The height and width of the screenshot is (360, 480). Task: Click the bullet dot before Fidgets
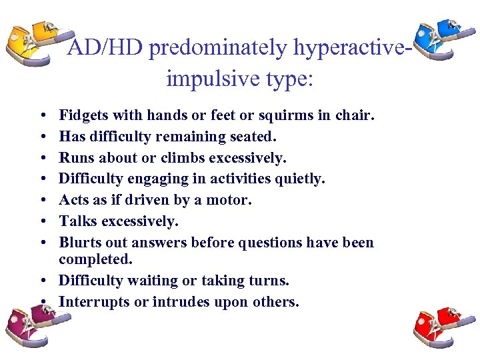click(x=41, y=116)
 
